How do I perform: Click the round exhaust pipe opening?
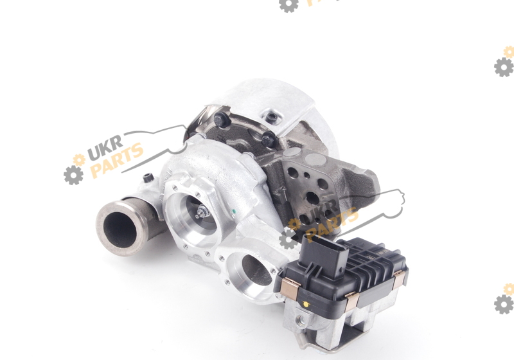[120, 228]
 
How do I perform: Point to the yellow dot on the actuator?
[306, 304]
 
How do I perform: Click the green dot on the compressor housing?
[234, 211]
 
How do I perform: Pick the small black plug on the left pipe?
[148, 177]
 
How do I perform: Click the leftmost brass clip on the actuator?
[290, 287]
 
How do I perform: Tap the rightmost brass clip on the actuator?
[399, 280]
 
